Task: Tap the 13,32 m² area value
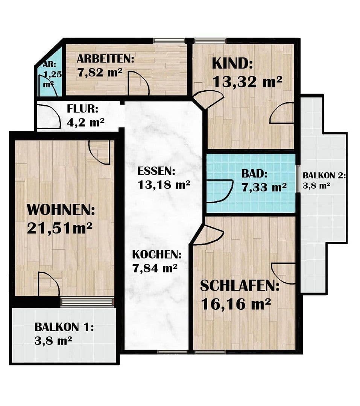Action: point(247,81)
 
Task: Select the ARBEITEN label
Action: point(105,59)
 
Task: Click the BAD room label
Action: point(254,174)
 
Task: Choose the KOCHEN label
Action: point(156,255)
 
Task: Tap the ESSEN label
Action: point(156,171)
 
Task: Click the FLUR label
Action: point(82,109)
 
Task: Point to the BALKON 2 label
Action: point(324,175)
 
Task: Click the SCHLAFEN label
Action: point(239,286)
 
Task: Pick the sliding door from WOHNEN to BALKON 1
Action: point(87,302)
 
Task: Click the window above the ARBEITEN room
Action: point(169,41)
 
